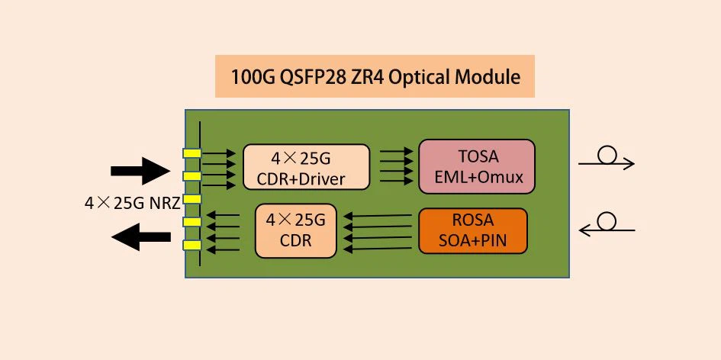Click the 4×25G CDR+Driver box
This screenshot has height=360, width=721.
pyautogui.click(x=307, y=169)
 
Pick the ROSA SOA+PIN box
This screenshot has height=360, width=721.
pyautogui.click(x=473, y=231)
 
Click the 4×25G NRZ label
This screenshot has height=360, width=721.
pyautogui.click(x=132, y=204)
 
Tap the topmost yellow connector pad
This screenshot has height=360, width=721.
pyautogui.click(x=192, y=153)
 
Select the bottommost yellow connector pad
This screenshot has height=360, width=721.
pyautogui.click(x=192, y=246)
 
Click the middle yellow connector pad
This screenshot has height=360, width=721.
pyautogui.click(x=192, y=199)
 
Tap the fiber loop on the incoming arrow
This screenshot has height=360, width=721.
pyautogui.click(x=607, y=221)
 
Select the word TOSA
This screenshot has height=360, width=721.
pyautogui.click(x=478, y=156)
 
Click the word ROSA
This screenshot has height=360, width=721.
pyautogui.click(x=473, y=220)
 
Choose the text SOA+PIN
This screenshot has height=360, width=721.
pyautogui.click(x=473, y=242)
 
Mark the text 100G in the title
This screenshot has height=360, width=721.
pyautogui.click(x=253, y=77)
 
